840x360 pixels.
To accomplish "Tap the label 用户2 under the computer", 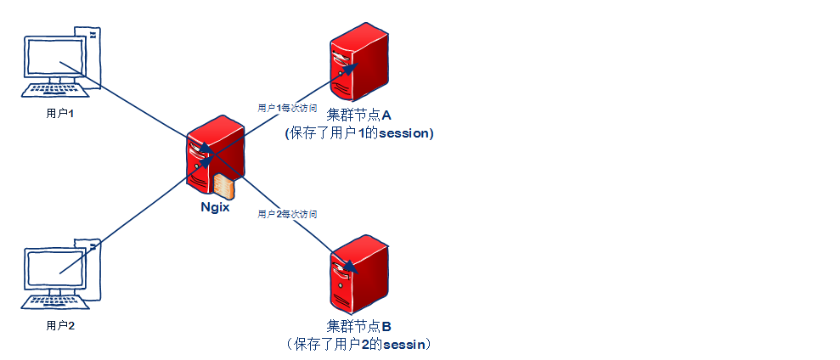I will (60, 324).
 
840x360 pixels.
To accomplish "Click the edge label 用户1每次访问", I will (287, 108).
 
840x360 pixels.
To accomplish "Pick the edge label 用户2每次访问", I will (287, 215).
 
